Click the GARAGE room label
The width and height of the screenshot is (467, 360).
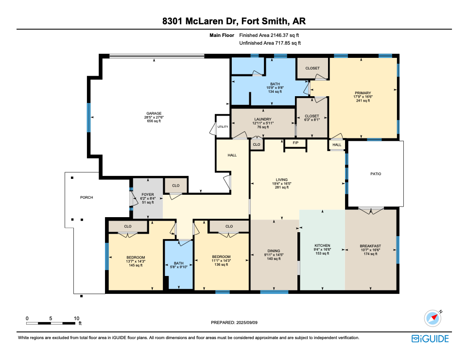(x=154, y=113)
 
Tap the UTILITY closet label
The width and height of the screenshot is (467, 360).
(x=223, y=126)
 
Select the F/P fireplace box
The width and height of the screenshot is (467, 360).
(x=295, y=143)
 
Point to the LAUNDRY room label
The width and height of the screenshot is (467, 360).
(x=263, y=119)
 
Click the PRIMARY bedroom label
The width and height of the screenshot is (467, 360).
(x=363, y=93)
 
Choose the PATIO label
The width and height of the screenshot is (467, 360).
(x=376, y=174)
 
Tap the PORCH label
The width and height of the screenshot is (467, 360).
(x=86, y=197)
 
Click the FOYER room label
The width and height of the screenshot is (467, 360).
(x=148, y=194)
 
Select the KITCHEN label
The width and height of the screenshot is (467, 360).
(x=322, y=246)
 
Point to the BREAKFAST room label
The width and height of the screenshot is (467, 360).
(x=370, y=246)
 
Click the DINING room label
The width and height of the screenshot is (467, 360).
(x=274, y=251)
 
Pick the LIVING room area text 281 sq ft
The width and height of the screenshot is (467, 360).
(x=282, y=188)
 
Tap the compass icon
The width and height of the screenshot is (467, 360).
(x=433, y=318)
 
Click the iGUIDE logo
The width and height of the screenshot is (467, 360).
(x=430, y=339)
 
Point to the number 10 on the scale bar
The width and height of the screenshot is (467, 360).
(x=77, y=318)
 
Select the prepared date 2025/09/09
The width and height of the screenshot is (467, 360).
(x=246, y=323)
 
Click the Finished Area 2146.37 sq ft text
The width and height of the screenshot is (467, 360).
(x=269, y=35)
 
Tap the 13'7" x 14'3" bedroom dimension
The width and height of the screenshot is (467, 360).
(x=136, y=261)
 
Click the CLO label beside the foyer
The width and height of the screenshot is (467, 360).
(x=176, y=186)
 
